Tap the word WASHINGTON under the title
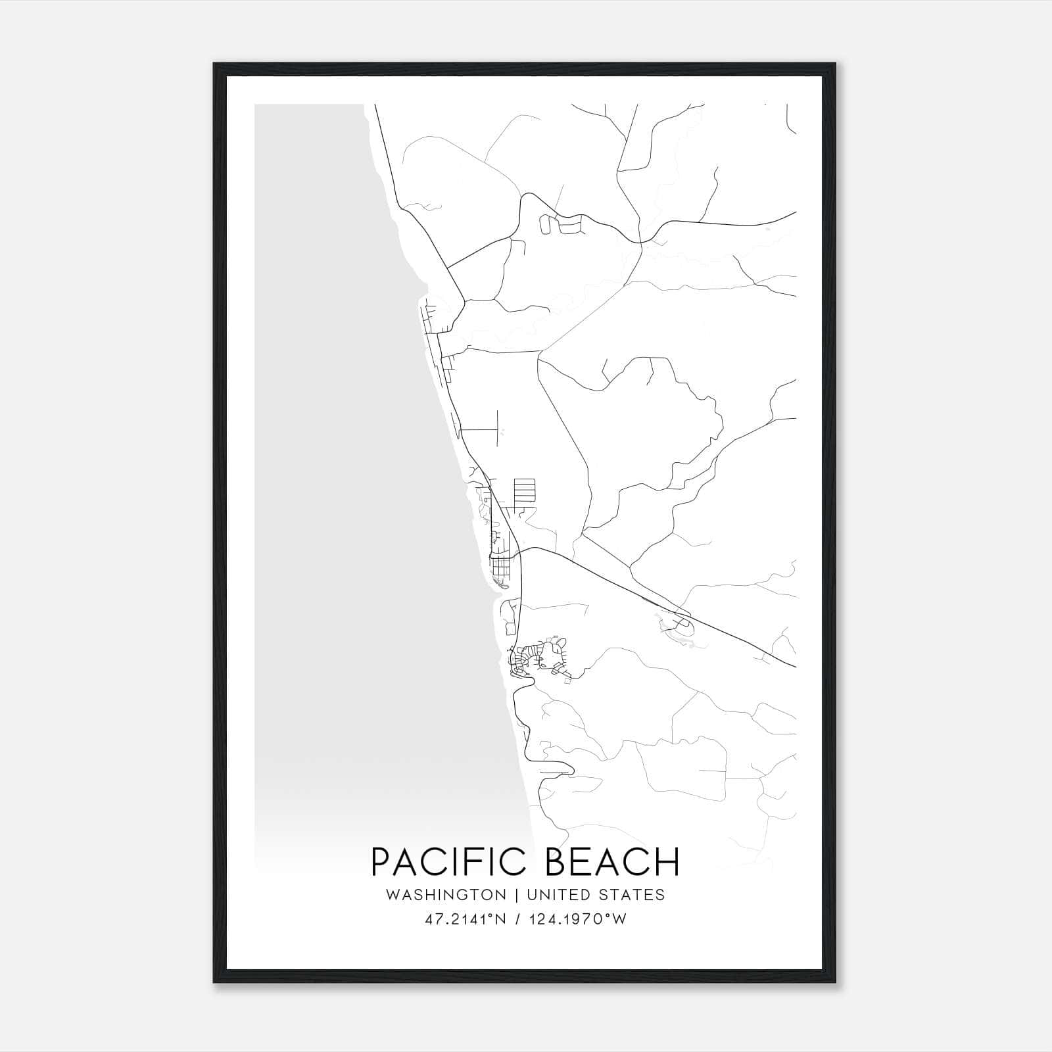pyautogui.click(x=446, y=895)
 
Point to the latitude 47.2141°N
pyautogui.click(x=466, y=919)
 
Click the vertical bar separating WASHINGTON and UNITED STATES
pyautogui.click(x=517, y=895)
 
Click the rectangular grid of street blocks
pyautogui.click(x=524, y=490)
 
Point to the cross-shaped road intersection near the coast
pyautogui.click(x=497, y=429)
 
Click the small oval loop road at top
pyautogui.click(x=544, y=224)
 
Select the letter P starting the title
pyautogui.click(x=381, y=862)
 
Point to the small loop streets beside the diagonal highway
pyautogui.click(x=677, y=625)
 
